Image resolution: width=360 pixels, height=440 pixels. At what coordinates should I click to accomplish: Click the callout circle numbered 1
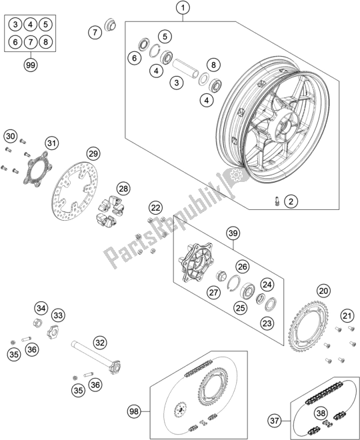click(183, 9)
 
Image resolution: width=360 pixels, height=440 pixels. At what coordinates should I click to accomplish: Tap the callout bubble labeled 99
click(30, 65)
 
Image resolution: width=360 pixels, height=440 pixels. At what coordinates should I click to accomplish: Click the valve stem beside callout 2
click(277, 201)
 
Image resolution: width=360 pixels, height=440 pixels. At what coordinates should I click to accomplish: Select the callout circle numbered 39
click(233, 233)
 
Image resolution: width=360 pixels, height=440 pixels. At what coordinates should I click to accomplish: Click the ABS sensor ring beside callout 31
click(35, 168)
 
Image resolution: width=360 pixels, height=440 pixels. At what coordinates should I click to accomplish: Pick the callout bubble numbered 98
click(134, 411)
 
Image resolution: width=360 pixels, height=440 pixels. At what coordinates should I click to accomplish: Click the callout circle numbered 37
click(274, 421)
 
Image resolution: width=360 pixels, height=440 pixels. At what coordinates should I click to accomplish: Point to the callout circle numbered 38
click(321, 405)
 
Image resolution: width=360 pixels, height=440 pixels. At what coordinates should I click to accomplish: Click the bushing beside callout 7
click(110, 25)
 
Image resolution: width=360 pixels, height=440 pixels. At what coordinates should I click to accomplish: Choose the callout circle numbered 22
click(156, 208)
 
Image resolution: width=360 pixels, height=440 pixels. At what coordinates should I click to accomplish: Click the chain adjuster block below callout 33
click(52, 331)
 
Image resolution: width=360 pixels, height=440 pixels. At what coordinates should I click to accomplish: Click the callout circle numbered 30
click(11, 137)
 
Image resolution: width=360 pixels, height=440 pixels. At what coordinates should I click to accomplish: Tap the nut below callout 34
click(37, 323)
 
